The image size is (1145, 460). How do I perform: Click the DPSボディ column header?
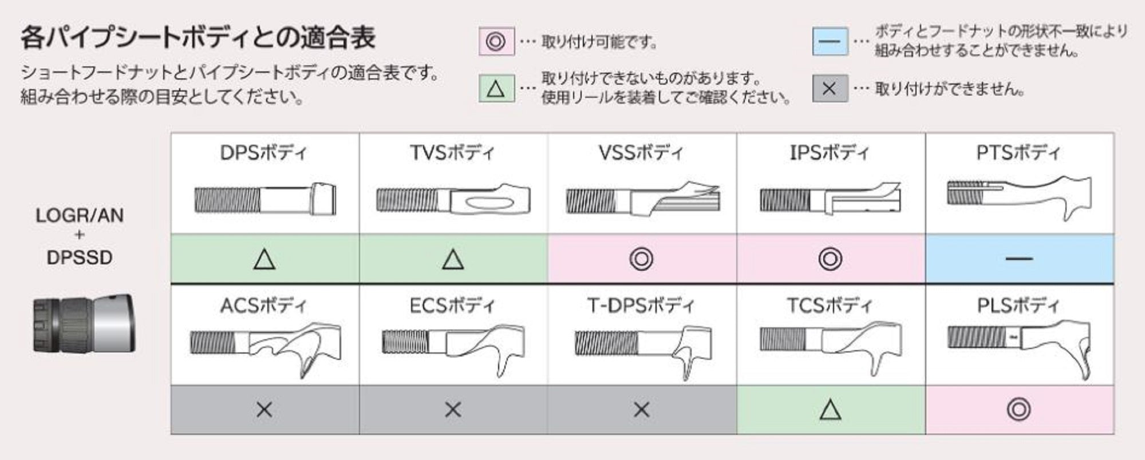[264, 153]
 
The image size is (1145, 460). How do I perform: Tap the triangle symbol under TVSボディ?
[453, 259]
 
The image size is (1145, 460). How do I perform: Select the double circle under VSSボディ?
[641, 259]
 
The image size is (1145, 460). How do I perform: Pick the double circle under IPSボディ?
[830, 259]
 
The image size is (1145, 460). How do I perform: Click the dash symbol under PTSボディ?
[1019, 259]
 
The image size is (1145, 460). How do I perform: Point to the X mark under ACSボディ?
[264, 410]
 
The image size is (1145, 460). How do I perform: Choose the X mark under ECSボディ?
[453, 410]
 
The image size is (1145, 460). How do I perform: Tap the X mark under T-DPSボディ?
[641, 410]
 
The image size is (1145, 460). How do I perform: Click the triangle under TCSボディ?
[830, 410]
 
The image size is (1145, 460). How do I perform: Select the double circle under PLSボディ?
[1019, 410]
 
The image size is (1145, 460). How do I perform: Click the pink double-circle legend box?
[496, 42]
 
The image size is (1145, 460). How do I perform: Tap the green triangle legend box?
[496, 89]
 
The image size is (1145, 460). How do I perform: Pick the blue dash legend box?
[830, 41]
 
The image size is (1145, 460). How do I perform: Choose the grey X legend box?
[830, 89]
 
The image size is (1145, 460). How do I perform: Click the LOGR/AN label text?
[80, 216]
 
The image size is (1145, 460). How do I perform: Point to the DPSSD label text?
[80, 257]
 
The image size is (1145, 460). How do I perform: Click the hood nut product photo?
[84, 324]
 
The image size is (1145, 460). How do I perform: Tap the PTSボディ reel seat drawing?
[1019, 197]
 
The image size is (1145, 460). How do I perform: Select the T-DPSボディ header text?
[641, 306]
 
